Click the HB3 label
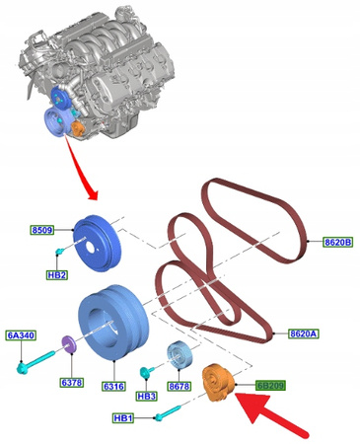146,396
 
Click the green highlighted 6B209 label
270,385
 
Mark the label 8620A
304,334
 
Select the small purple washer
69,344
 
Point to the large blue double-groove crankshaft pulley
113,322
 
